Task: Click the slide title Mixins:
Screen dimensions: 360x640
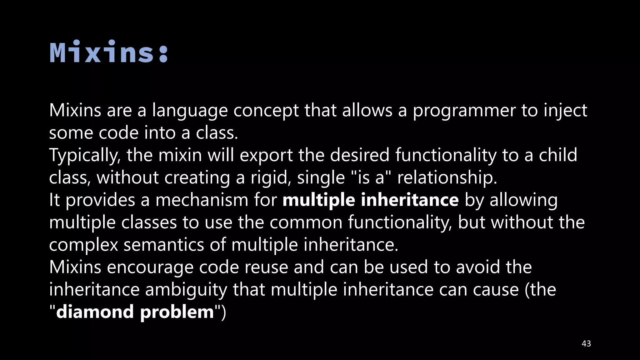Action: (109, 52)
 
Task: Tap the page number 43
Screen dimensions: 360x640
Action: (586, 344)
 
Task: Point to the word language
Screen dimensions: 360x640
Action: (190, 111)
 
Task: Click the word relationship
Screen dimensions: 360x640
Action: (447, 178)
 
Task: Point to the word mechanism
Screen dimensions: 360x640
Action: (202, 200)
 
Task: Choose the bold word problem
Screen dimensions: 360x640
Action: (177, 312)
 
